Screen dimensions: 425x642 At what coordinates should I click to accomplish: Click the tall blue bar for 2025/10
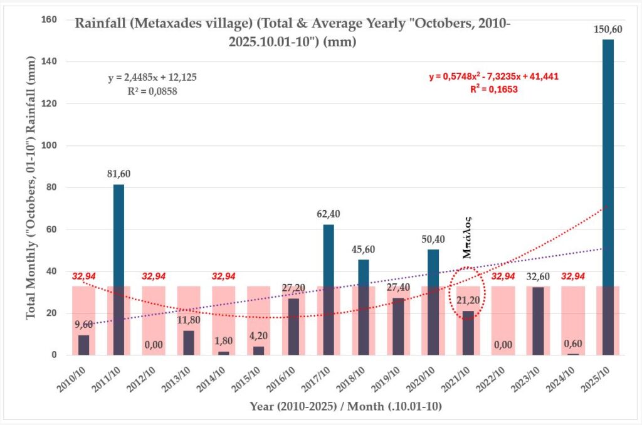(608, 188)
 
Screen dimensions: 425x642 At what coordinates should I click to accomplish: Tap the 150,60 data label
(608, 29)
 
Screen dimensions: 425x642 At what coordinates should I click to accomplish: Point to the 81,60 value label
(118, 174)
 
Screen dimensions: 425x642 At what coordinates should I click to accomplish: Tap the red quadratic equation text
(493, 76)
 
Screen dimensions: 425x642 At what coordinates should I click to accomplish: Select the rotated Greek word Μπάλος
(468, 237)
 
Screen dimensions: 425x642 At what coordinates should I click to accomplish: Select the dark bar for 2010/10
(83, 345)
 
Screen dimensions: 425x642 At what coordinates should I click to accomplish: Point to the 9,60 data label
(83, 324)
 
